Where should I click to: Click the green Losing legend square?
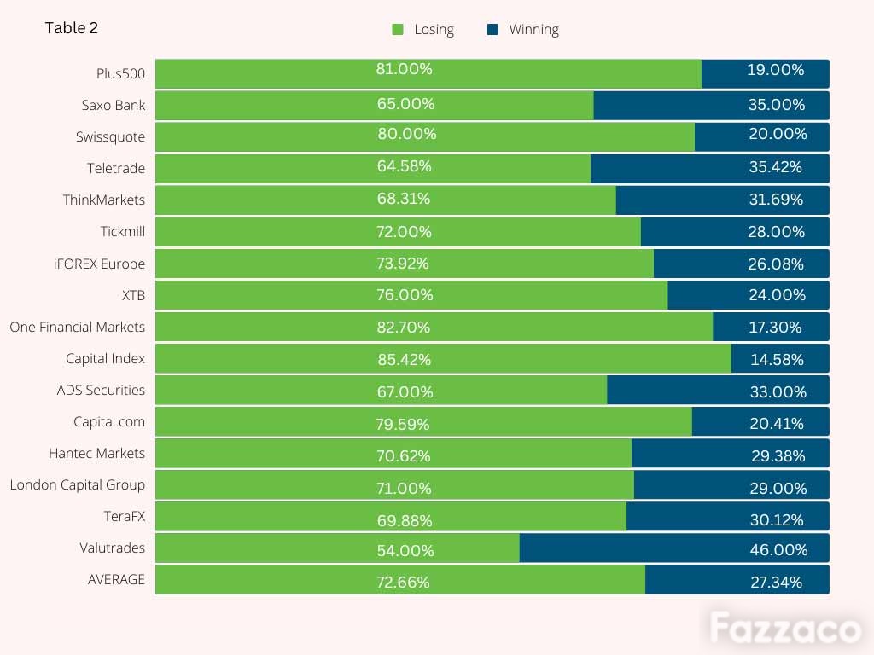click(398, 30)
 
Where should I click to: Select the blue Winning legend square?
click(492, 30)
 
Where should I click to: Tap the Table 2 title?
click(72, 28)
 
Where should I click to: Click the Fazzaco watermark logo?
click(785, 628)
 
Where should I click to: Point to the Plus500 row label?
click(120, 73)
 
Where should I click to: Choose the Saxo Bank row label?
click(114, 105)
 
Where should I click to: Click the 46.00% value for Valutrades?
click(778, 550)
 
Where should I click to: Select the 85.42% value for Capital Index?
click(404, 359)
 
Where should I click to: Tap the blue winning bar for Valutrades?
click(674, 548)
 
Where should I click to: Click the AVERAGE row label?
click(116, 580)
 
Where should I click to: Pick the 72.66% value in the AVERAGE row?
click(403, 582)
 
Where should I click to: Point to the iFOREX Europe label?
click(99, 264)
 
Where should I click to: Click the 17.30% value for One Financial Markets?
click(775, 327)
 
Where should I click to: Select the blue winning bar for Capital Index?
click(780, 358)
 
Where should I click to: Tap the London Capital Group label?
click(78, 485)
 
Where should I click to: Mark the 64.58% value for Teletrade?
click(404, 166)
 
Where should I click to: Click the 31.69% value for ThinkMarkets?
click(776, 199)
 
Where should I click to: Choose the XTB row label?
click(133, 295)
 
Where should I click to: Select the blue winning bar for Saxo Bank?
click(711, 105)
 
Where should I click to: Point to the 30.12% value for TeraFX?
click(777, 519)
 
